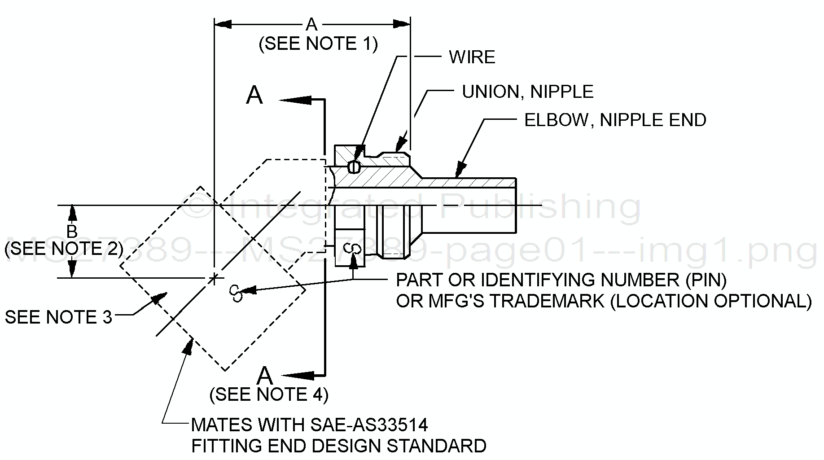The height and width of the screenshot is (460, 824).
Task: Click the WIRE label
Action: point(472,57)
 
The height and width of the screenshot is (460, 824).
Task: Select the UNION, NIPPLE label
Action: point(527,92)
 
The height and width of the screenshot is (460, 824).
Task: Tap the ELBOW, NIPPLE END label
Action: point(615,120)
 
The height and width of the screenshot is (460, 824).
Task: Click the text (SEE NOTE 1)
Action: point(318,44)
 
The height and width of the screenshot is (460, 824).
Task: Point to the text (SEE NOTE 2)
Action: point(64,249)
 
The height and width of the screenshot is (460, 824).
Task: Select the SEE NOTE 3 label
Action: point(58,317)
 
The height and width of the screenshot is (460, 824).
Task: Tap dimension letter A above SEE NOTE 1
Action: point(311,24)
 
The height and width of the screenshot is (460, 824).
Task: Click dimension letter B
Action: point(72,232)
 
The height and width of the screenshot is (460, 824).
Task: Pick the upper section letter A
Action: point(254,96)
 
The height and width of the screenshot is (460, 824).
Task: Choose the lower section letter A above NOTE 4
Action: point(265,375)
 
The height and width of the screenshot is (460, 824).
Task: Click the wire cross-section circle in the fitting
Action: point(354,167)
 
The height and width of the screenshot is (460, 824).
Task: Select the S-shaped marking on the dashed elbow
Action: point(235,293)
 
